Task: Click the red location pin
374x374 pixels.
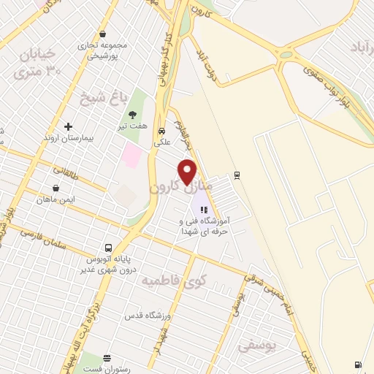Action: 188,171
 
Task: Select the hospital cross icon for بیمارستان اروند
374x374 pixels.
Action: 69,126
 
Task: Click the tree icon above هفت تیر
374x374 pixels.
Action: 133,114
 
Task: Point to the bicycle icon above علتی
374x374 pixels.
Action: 161,131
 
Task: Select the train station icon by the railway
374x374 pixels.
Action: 237,175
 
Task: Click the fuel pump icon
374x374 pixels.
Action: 356,365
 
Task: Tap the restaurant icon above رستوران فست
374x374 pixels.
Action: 107,357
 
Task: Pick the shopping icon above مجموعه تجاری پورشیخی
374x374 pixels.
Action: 102,34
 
